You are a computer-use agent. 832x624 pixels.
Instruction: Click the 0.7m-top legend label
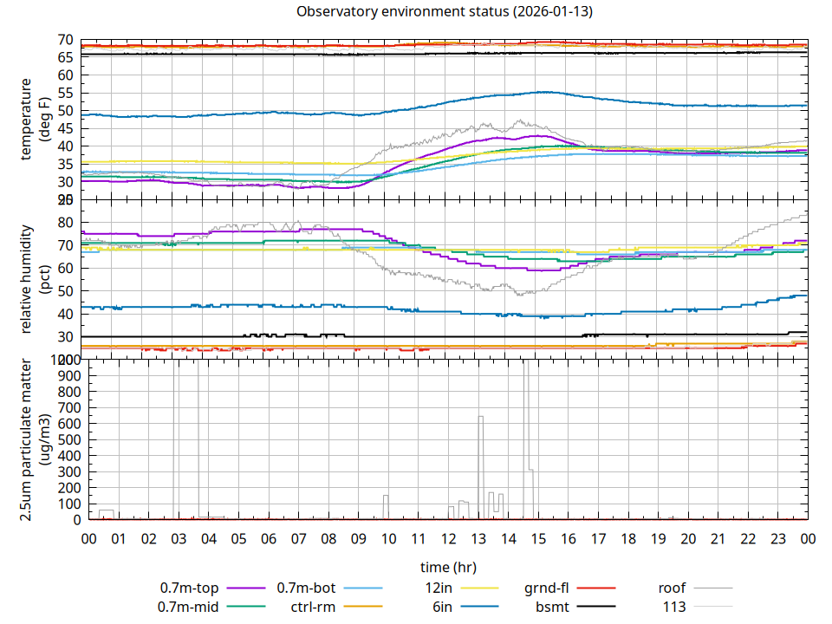(x=189, y=588)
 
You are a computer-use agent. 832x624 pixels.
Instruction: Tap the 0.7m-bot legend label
(x=306, y=588)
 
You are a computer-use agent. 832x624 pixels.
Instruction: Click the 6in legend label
(x=442, y=607)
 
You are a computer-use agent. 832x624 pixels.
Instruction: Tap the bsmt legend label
(x=552, y=607)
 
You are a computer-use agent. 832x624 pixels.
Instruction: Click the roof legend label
(x=672, y=588)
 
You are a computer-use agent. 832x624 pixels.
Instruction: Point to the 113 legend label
(x=674, y=607)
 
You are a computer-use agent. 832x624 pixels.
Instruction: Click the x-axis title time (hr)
(x=448, y=568)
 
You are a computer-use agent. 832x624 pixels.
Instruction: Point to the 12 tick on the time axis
(x=448, y=539)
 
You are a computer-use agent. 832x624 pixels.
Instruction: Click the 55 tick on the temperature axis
(x=64, y=93)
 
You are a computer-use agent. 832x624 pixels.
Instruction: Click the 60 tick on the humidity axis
(x=64, y=269)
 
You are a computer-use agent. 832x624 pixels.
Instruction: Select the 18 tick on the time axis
(x=627, y=539)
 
